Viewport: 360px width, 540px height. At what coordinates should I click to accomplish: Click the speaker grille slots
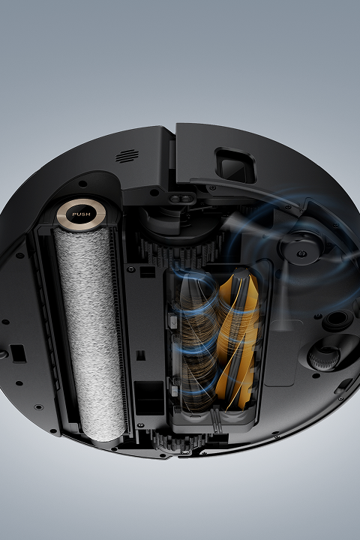[127, 156]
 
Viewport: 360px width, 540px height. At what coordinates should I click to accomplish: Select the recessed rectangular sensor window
[236, 166]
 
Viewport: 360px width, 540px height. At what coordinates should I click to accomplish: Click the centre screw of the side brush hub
[301, 253]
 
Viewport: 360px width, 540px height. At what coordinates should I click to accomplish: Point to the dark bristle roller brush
[199, 339]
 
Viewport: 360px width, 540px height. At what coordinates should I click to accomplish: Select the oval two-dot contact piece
[181, 198]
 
